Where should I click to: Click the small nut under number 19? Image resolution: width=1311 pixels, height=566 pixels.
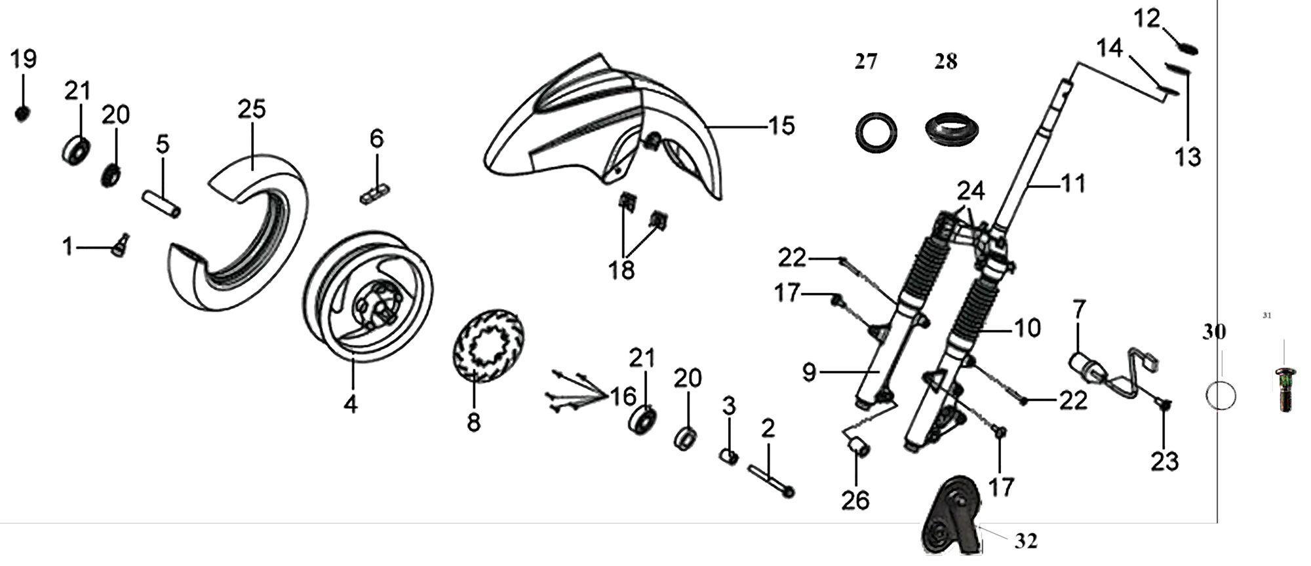pyautogui.click(x=22, y=114)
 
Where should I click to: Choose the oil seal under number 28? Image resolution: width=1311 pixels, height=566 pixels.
pyautogui.click(x=952, y=129)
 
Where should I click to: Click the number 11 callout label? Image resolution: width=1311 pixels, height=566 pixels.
pyautogui.click(x=1073, y=184)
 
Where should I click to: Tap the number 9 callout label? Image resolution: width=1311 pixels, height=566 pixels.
pyautogui.click(x=810, y=373)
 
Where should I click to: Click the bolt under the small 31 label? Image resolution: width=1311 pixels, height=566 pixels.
pyautogui.click(x=1285, y=390)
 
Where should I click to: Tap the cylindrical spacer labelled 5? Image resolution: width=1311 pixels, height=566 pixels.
pyautogui.click(x=161, y=203)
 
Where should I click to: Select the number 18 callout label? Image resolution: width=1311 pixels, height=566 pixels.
pyautogui.click(x=621, y=269)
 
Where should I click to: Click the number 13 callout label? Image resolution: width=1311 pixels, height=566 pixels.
pyautogui.click(x=1188, y=157)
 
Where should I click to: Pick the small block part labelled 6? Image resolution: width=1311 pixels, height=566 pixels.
pyautogui.click(x=375, y=194)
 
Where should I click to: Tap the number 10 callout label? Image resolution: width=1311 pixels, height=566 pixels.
pyautogui.click(x=1027, y=328)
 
